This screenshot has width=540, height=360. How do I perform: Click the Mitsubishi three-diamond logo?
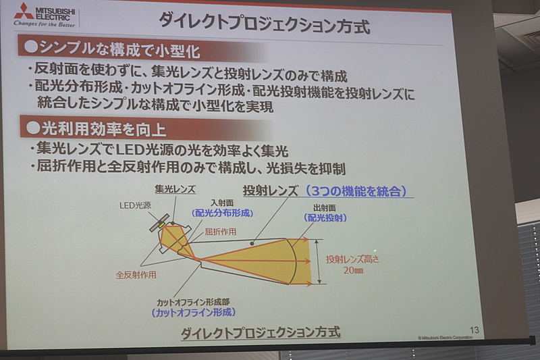pos(24,11)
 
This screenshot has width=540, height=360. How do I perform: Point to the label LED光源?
pos(135,205)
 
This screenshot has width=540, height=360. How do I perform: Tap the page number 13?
pos(474,330)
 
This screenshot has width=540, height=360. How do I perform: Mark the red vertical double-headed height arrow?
pos(317,261)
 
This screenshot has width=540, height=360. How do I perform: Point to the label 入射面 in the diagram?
pos(219,202)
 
